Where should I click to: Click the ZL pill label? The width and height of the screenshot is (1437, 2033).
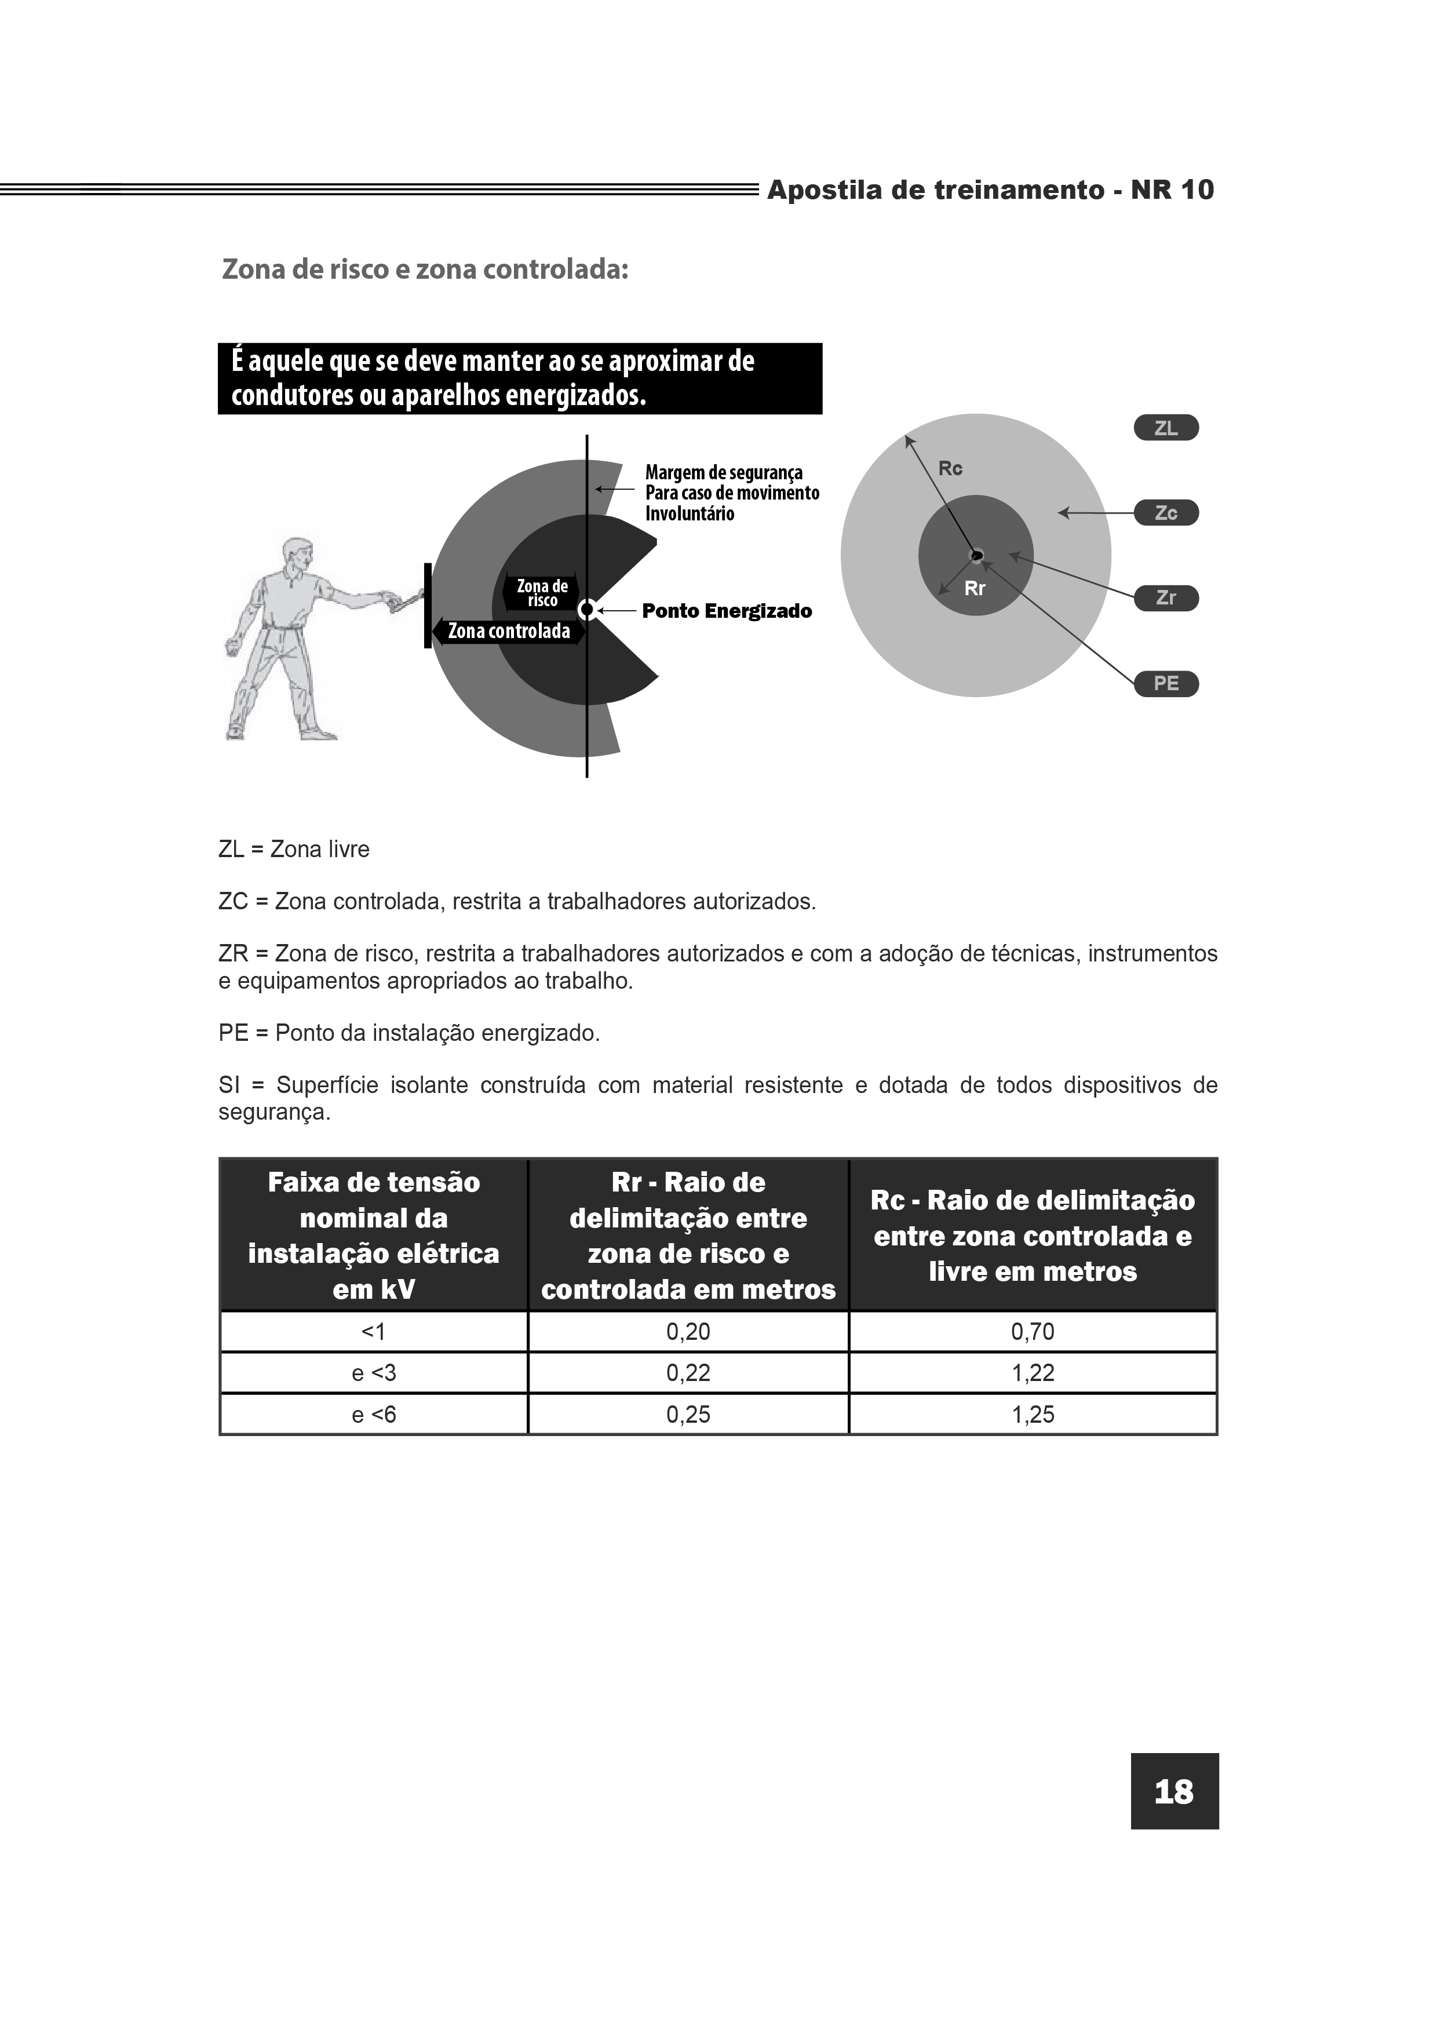(1165, 428)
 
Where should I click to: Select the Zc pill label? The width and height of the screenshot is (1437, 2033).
(1165, 513)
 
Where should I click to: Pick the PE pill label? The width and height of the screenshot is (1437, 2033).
(1165, 684)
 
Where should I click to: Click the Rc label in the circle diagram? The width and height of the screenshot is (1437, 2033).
(950, 468)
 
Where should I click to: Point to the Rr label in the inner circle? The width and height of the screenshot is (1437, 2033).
(974, 589)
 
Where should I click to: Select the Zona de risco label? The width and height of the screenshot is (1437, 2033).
(542, 593)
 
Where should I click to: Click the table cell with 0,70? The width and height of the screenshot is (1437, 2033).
(1033, 1332)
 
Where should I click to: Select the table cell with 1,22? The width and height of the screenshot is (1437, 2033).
(1033, 1373)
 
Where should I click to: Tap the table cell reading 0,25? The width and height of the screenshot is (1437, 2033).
(688, 1415)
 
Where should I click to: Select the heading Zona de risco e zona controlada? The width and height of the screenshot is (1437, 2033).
(425, 269)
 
